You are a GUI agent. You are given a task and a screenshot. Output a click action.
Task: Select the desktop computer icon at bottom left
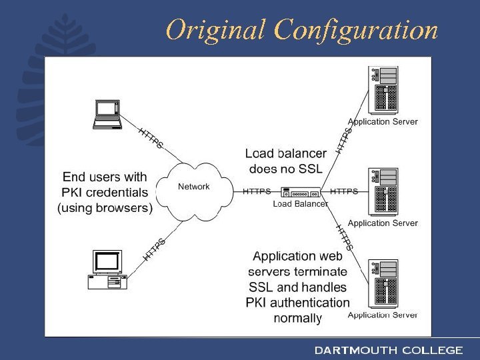107,269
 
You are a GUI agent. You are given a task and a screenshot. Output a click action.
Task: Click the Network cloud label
194,187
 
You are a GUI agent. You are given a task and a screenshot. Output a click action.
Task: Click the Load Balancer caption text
301,204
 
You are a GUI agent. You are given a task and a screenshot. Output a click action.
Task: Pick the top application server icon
384,91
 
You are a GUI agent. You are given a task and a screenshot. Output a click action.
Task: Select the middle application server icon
384,191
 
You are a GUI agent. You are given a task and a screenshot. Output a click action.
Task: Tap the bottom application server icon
384,283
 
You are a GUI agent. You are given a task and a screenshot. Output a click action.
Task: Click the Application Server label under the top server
383,122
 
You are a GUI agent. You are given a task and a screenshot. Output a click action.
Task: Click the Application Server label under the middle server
383,223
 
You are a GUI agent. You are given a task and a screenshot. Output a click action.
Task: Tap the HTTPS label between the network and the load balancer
257,191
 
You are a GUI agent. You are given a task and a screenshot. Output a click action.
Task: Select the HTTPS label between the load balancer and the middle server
344,191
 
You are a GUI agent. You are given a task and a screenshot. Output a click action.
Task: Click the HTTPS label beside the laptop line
151,138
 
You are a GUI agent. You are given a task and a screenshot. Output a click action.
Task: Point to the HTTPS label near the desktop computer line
154,249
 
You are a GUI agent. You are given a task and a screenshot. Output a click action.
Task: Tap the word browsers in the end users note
124,208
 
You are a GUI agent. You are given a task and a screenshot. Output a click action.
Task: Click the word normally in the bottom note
298,319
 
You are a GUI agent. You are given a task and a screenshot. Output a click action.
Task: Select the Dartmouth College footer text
389,350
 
